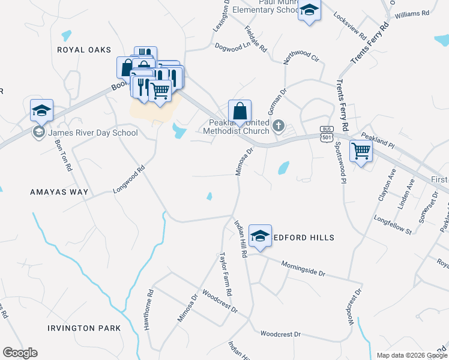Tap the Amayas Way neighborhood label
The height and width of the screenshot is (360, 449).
[x=59, y=192]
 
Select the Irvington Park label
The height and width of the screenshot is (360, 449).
[x=85, y=328]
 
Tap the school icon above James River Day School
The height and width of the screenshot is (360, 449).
[x=41, y=110]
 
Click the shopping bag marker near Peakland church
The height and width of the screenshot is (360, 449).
[x=240, y=110]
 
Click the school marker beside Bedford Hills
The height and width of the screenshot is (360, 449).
[x=260, y=236]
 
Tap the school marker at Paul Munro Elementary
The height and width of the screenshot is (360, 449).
[x=309, y=11]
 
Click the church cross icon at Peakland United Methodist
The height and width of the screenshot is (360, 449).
[x=278, y=126]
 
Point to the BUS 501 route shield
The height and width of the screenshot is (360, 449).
[x=327, y=133]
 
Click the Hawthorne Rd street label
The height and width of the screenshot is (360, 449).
[x=148, y=311]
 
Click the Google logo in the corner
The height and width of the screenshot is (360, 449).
[x=20, y=353]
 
